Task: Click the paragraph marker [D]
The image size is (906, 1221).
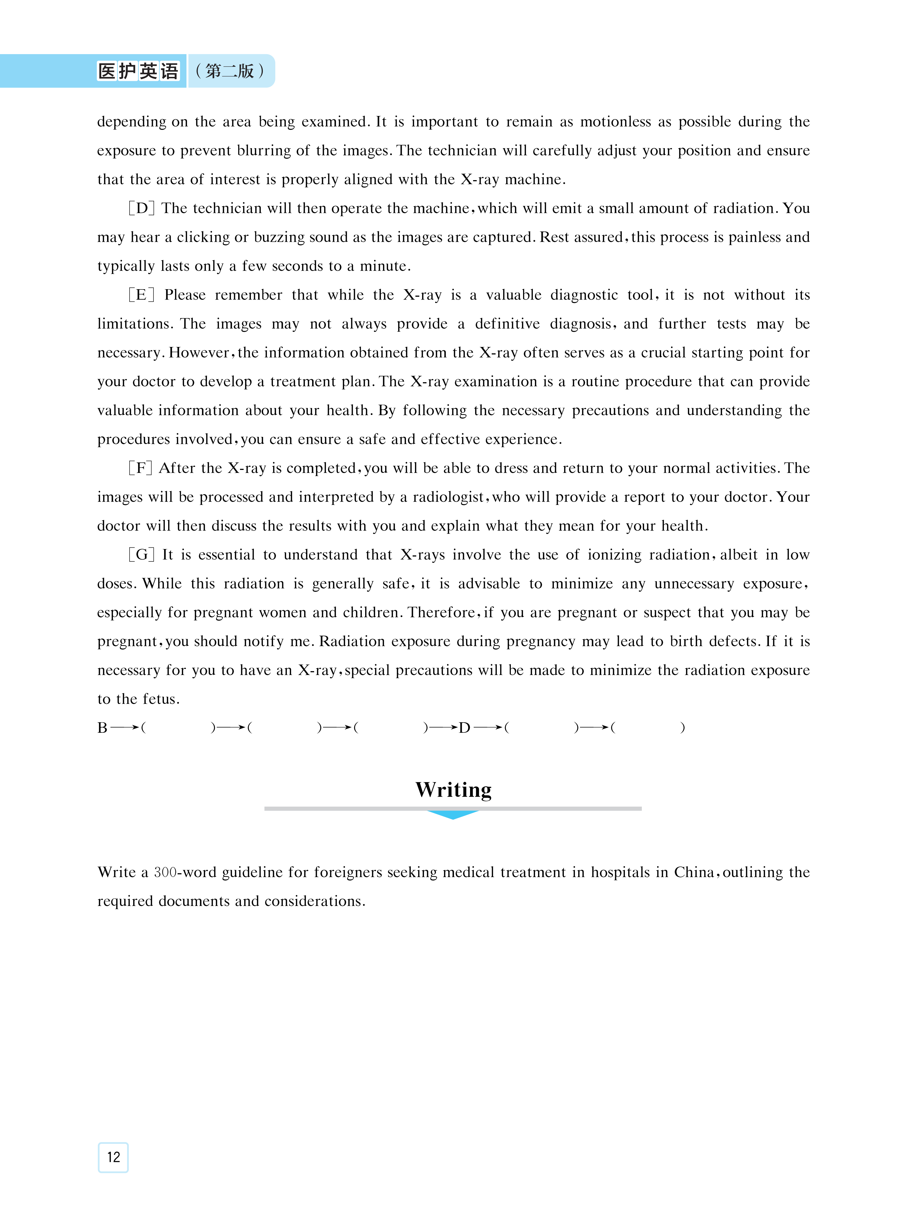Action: [142, 208]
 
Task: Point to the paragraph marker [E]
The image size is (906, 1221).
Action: [142, 295]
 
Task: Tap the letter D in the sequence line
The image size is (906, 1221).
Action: [464, 728]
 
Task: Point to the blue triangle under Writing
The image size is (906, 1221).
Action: [453, 815]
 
